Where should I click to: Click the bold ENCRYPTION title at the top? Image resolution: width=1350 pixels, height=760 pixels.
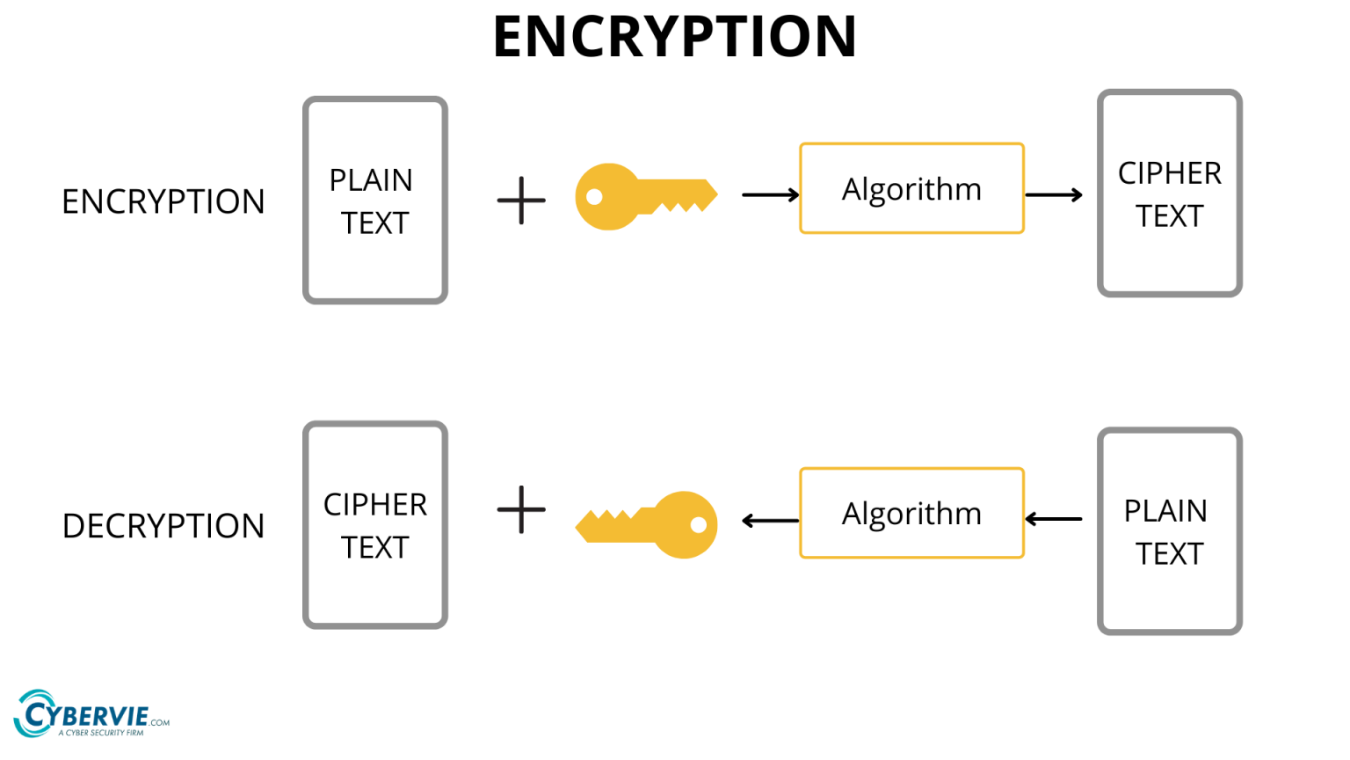(674, 37)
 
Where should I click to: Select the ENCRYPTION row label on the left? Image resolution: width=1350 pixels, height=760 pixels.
(163, 201)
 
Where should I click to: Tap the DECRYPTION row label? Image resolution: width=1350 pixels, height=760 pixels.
(163, 526)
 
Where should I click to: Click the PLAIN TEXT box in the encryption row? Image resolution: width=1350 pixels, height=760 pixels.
(375, 201)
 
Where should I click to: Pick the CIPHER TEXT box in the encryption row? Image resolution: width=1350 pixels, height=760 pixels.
(1170, 194)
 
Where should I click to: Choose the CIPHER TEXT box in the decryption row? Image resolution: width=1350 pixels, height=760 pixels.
(375, 525)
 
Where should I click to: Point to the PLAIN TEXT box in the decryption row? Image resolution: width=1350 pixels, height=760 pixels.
(1170, 531)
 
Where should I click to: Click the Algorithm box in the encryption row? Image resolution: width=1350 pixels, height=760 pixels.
(911, 188)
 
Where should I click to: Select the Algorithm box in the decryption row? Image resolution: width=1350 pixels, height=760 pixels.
(911, 513)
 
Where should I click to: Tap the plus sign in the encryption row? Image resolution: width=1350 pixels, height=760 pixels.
(521, 201)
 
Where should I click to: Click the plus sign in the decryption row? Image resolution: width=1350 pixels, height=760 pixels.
(521, 509)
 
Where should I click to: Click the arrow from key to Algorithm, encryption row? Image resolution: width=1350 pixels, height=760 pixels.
(770, 194)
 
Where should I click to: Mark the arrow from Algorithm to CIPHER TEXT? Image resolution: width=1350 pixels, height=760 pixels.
(1053, 194)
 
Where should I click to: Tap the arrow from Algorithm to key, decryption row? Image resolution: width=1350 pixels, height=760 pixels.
(770, 521)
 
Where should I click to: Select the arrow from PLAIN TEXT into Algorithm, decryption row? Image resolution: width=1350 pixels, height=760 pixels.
(1053, 519)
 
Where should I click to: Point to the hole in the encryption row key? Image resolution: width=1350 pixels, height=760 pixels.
(595, 196)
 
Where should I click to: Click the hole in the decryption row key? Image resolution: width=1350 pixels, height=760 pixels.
(699, 525)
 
